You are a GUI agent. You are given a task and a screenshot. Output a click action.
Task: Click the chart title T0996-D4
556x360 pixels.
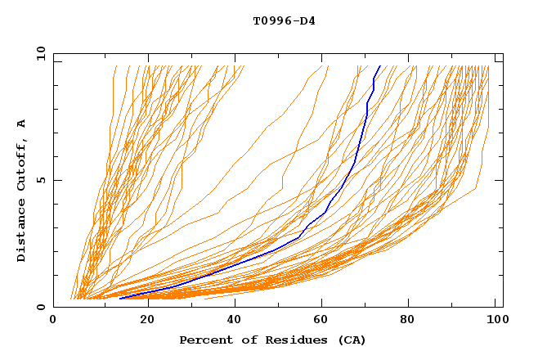pyautogui.click(x=284, y=20)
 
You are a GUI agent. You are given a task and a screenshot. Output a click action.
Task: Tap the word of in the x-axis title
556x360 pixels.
pyautogui.click(x=243, y=340)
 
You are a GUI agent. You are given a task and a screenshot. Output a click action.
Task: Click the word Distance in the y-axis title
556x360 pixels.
pyautogui.click(x=21, y=231)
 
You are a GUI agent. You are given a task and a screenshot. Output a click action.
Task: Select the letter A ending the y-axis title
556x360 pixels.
pyautogui.click(x=21, y=123)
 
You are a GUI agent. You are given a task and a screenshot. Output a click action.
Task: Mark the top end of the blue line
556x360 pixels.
pyautogui.click(x=380, y=66)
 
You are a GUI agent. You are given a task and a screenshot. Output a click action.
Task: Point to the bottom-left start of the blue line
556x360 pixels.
pyautogui.click(x=119, y=299)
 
